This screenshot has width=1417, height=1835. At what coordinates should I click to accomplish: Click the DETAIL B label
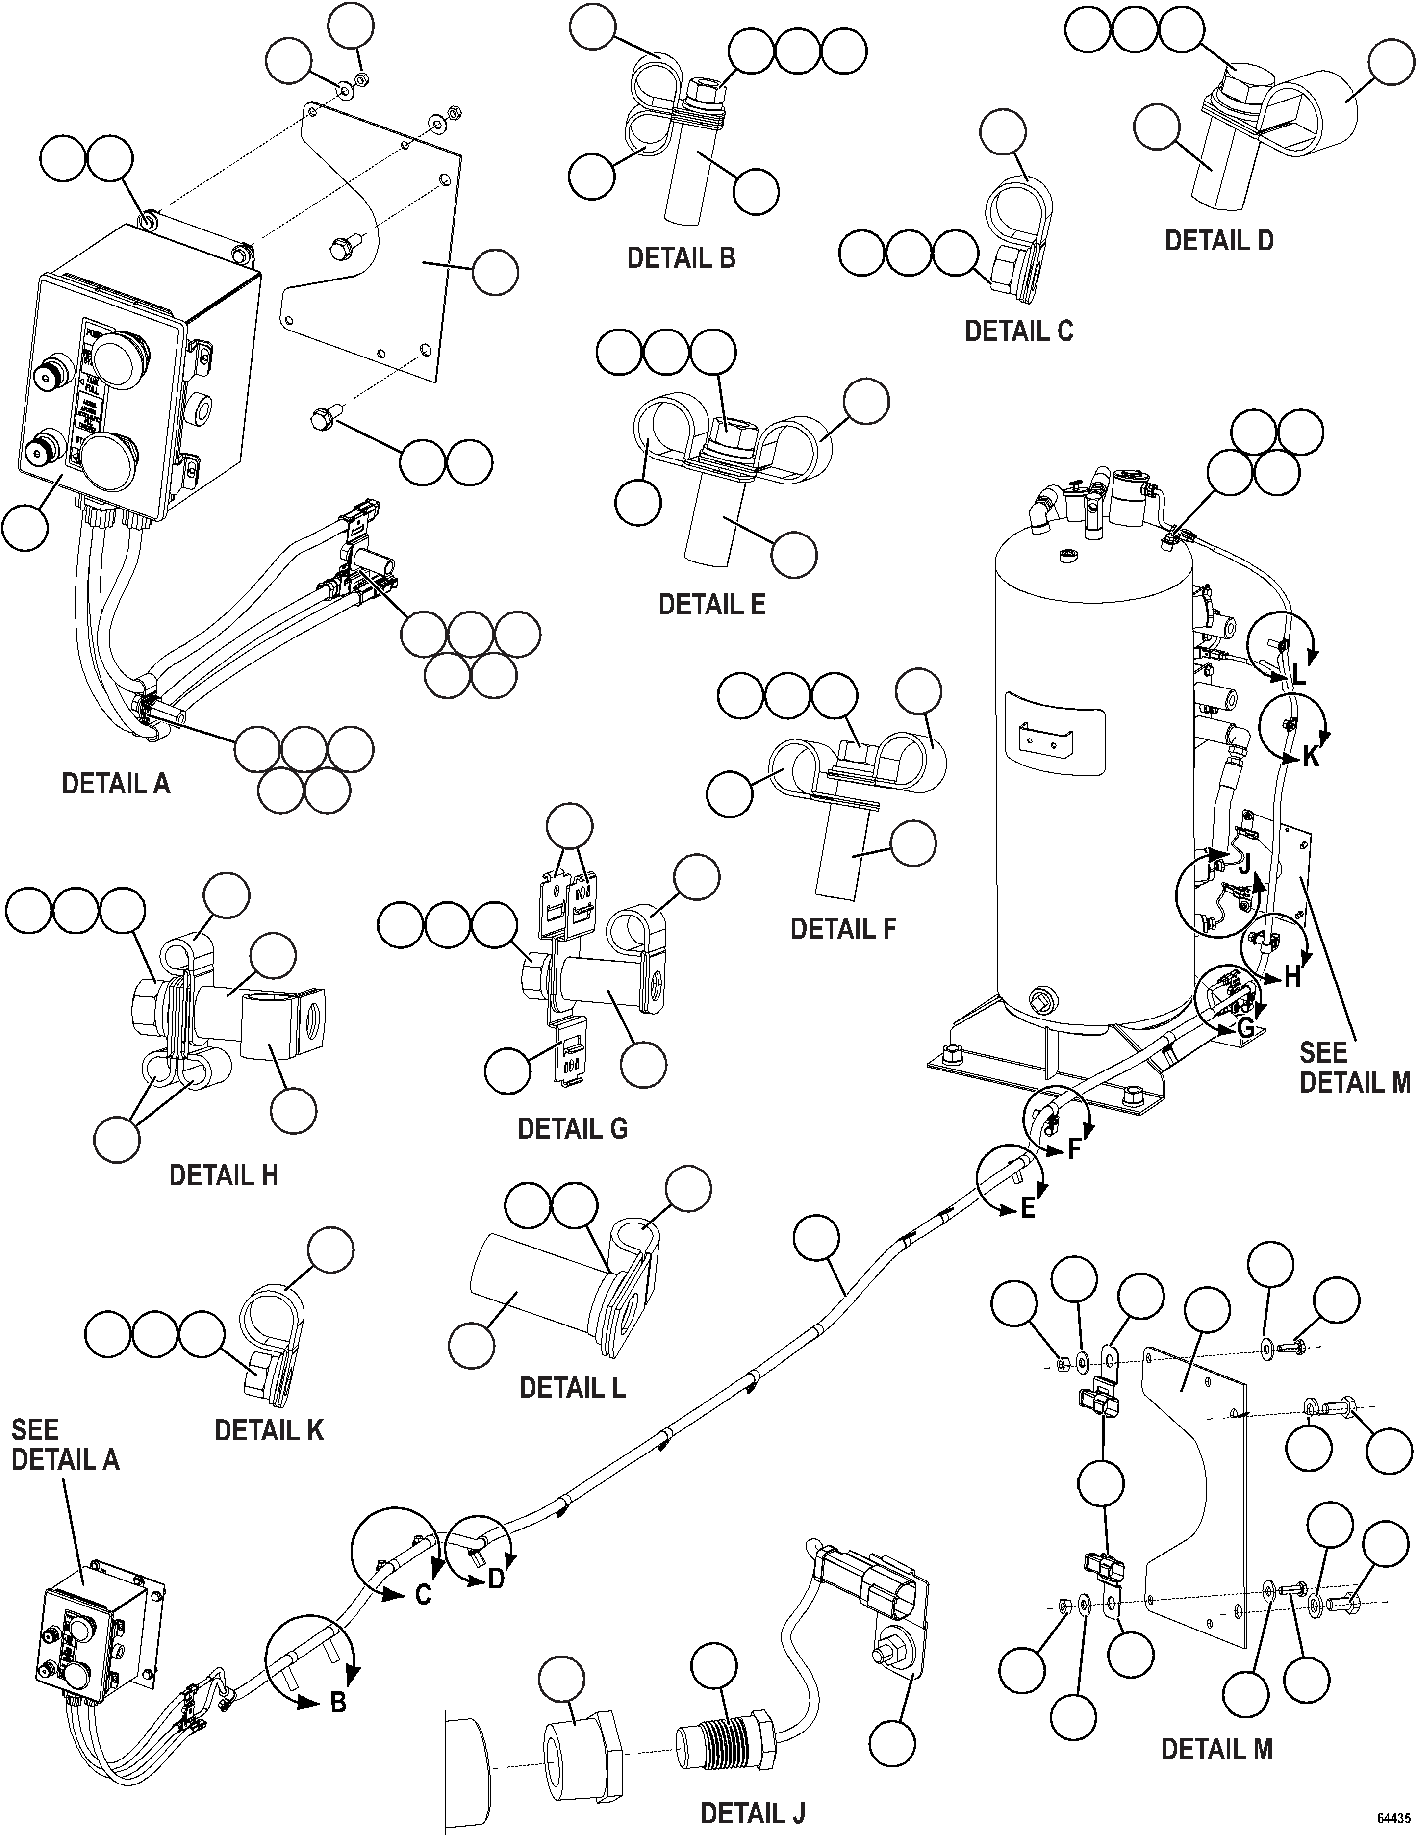pos(681,258)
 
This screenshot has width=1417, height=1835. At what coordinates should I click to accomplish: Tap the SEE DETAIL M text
pos(1354,1068)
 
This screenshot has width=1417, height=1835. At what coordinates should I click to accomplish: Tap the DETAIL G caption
pos(572,1128)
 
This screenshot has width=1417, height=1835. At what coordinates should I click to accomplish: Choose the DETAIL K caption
pos(269,1430)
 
